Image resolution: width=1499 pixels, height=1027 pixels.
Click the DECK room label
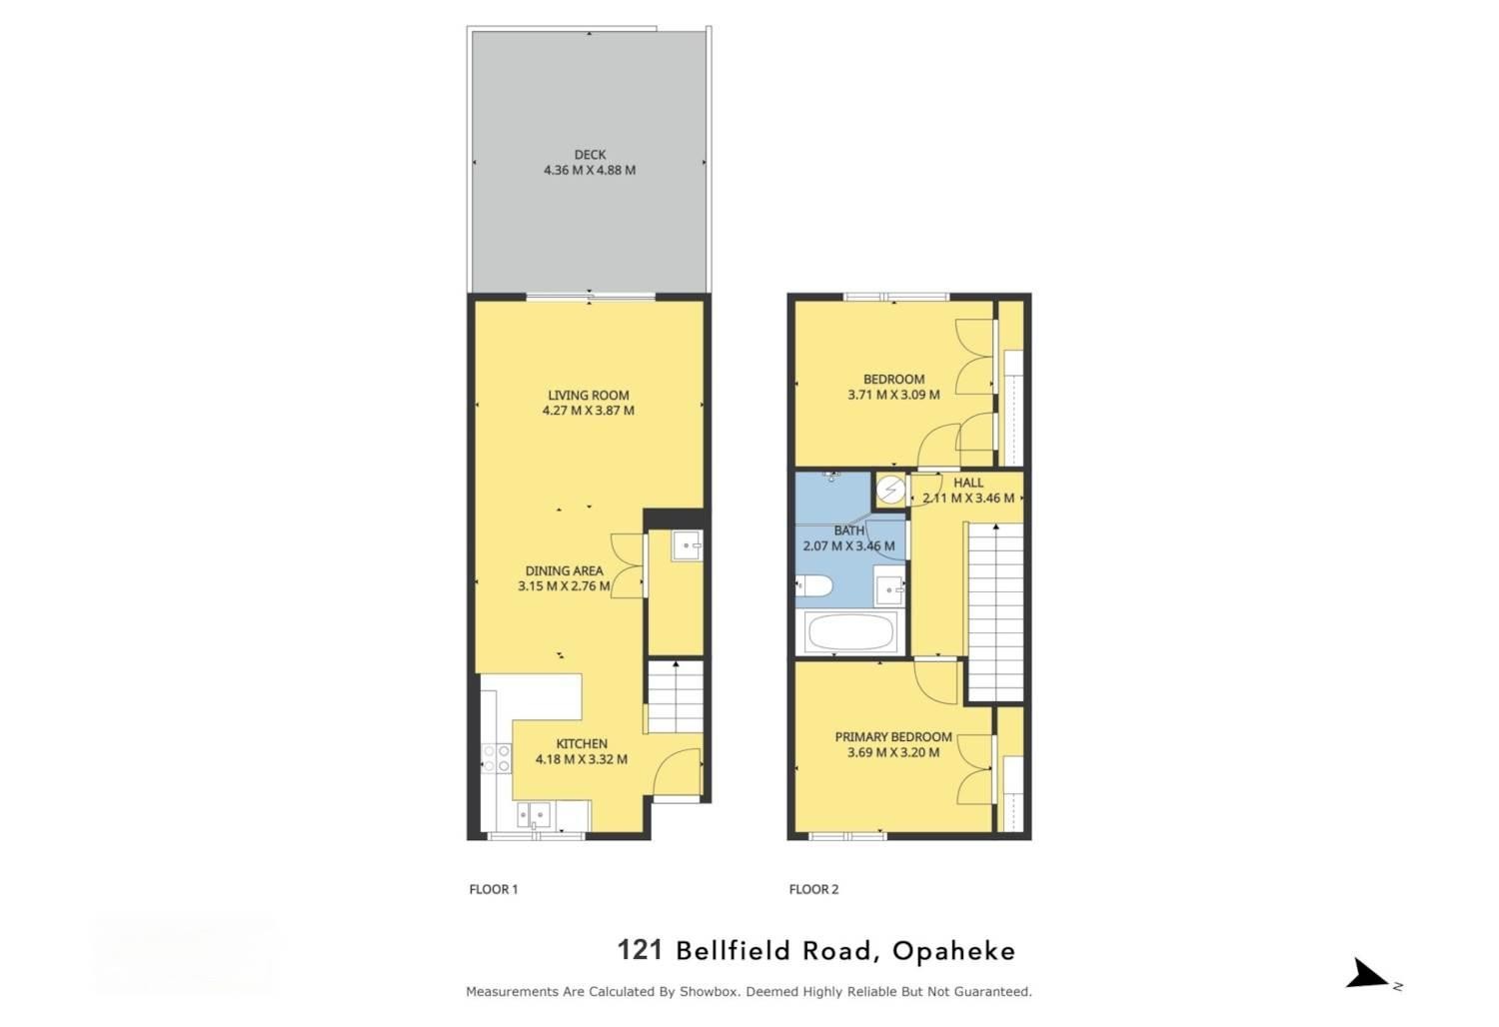pos(590,155)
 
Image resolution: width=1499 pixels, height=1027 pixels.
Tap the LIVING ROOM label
pos(589,396)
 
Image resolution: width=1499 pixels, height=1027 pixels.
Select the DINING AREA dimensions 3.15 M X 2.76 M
pos(564,586)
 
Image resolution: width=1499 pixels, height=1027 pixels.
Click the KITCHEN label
pos(582,744)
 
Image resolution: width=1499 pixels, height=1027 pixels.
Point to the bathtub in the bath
pos(850,632)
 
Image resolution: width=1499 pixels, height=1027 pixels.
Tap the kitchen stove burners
pos(495,758)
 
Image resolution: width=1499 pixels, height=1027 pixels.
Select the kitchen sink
pos(536,817)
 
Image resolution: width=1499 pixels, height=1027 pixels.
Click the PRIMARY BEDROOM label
pos(893,737)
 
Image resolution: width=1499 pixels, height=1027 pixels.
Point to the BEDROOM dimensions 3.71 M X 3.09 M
pos(893,395)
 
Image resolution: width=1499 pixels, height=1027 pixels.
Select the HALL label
pos(968,483)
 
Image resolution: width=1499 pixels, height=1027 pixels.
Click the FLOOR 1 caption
pos(494,889)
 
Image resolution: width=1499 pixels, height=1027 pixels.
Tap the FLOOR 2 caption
pos(813,889)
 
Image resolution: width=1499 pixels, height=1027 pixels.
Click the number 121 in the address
pos(640,950)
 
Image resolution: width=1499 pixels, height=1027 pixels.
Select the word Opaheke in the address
pos(953,951)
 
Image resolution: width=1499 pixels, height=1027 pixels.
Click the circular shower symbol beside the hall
pos(890,490)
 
